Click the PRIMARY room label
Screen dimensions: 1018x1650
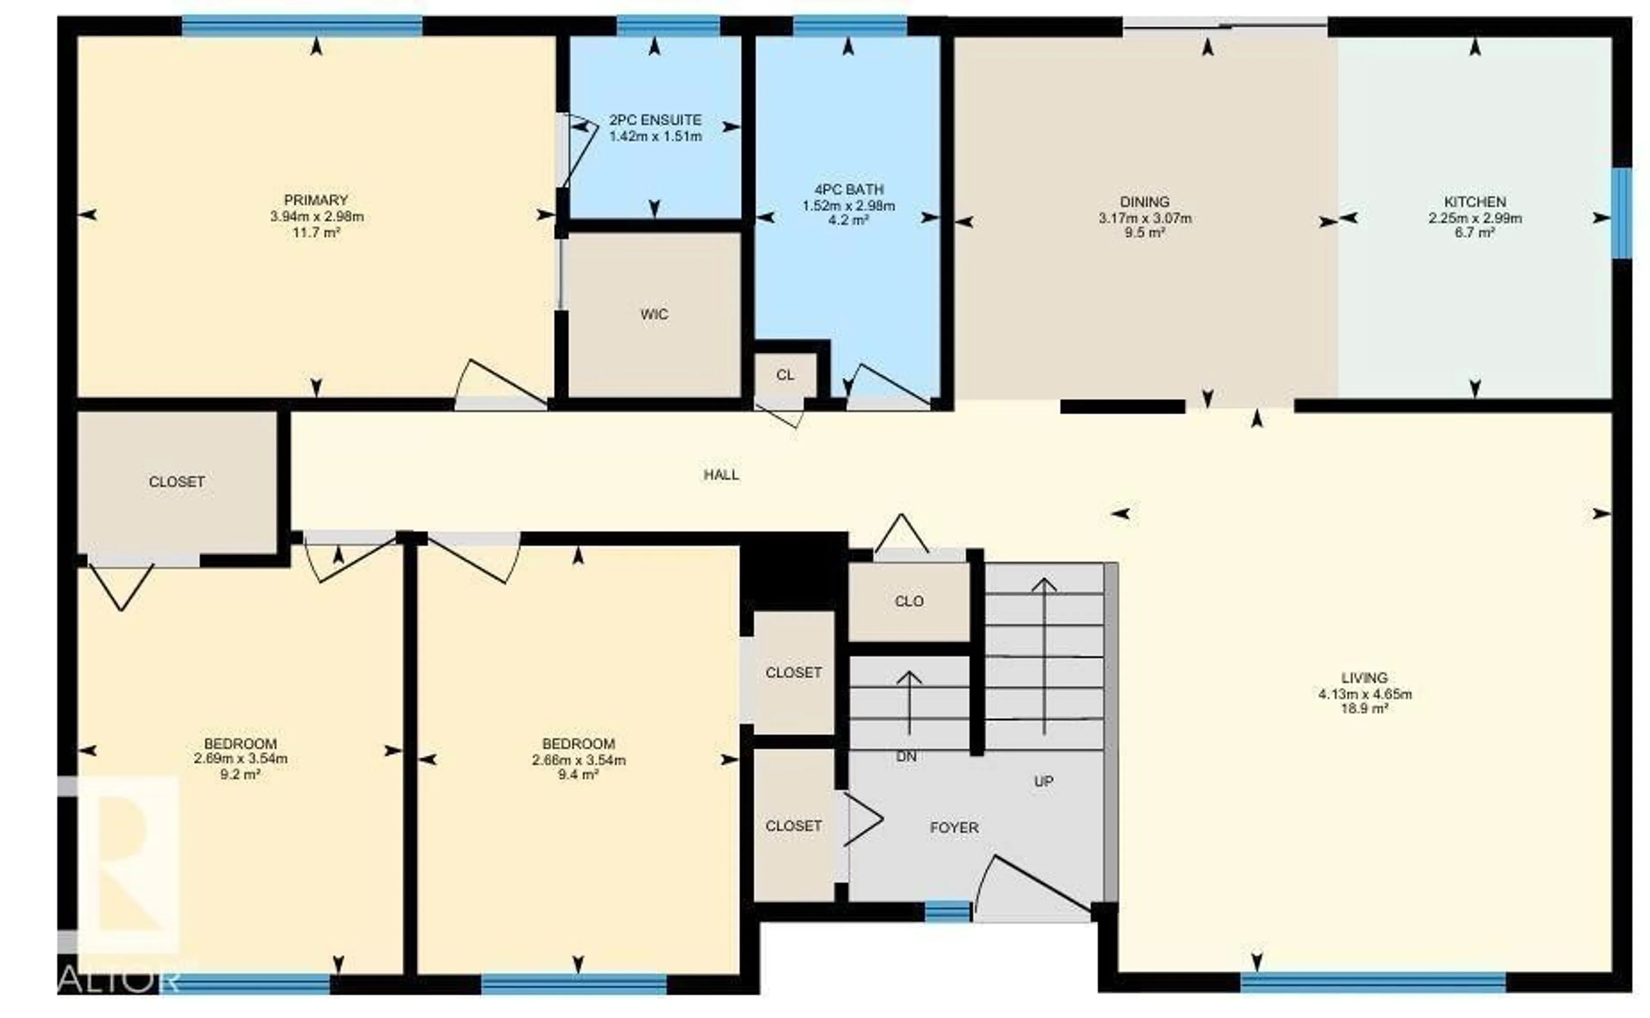coord(315,200)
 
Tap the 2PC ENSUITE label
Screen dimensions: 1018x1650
coord(655,120)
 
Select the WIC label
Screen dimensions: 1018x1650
coord(654,314)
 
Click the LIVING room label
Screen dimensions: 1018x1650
coord(1364,678)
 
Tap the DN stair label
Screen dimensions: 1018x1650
coord(906,757)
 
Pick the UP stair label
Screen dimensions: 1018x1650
coord(1043,782)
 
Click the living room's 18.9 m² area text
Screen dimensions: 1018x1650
coord(1364,709)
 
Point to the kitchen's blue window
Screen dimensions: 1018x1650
coord(1622,213)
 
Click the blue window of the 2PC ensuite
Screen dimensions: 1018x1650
coord(668,26)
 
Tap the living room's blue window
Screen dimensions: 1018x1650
coord(1373,982)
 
